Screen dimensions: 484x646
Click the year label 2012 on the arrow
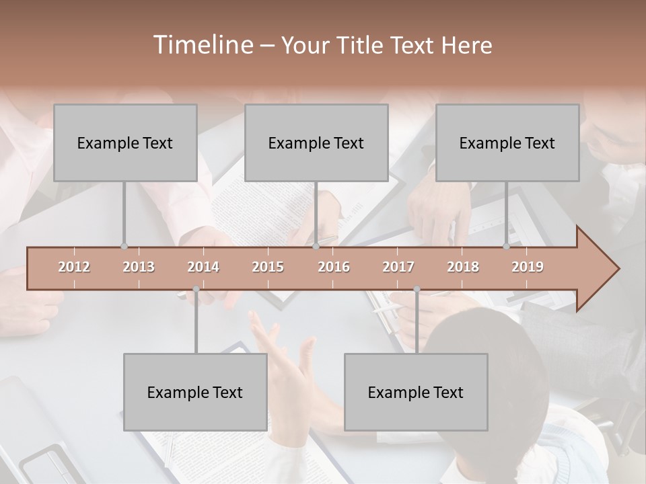coord(74,267)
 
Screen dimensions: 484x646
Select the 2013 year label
coord(139,267)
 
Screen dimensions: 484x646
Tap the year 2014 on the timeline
coord(203,267)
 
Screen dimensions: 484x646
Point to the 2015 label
coord(268,267)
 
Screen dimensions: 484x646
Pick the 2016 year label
coord(334,267)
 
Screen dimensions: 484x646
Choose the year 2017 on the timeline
coord(398,267)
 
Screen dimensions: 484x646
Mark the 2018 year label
coord(463,267)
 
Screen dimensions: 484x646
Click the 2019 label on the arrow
coord(528,267)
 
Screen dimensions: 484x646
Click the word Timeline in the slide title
coord(202,45)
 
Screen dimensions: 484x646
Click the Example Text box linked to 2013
coord(125,143)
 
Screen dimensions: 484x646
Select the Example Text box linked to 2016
coord(316,143)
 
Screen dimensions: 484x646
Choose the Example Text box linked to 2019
coord(507,143)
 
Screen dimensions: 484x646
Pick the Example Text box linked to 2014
coord(195,392)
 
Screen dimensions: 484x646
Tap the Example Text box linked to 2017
coord(416,392)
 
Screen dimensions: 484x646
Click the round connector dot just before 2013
coord(124,246)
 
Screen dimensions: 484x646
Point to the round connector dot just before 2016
coord(316,246)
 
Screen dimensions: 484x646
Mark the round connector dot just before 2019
coord(507,246)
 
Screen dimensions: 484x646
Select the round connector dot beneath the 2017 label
coord(417,289)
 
